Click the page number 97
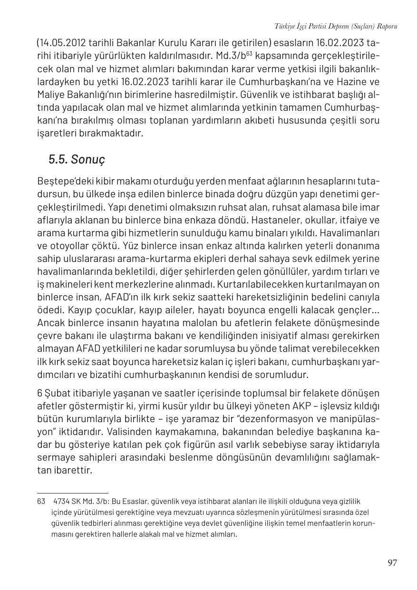392,563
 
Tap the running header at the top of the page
336,26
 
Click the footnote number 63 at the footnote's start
41,501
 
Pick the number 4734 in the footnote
62,501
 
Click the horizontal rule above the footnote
73,493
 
